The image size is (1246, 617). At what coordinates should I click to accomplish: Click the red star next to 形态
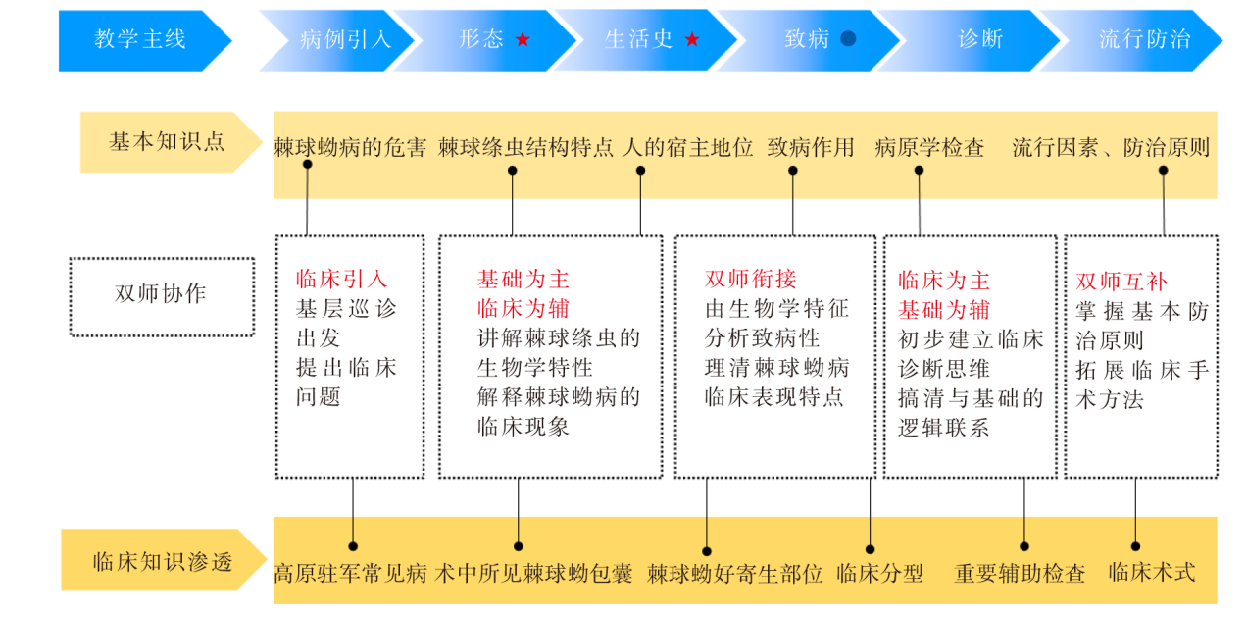tap(523, 39)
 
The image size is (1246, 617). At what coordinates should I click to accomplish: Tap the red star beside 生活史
tap(692, 39)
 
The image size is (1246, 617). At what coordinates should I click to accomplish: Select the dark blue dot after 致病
tap(848, 39)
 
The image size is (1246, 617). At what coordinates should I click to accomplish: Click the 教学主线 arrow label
tap(139, 39)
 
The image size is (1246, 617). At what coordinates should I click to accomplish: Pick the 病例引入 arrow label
tap(345, 39)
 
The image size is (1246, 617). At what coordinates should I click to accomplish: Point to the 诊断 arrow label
tap(980, 39)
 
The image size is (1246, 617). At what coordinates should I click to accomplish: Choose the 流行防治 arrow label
tap(1145, 39)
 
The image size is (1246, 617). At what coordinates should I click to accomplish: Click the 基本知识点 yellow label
tap(167, 142)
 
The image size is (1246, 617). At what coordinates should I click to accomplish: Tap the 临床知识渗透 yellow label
tap(163, 562)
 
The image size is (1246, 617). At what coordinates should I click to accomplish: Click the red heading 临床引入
tap(341, 279)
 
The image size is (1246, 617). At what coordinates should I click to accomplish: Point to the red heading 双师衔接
tap(750, 279)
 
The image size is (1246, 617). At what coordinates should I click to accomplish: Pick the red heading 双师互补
tap(1121, 282)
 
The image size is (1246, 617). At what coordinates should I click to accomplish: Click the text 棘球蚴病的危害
tap(350, 148)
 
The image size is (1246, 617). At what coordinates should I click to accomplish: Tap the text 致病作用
tap(811, 148)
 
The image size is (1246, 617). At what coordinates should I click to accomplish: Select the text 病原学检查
tap(929, 148)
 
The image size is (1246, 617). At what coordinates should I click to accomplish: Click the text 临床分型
tap(880, 574)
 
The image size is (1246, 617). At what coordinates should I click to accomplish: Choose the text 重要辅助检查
tap(1020, 574)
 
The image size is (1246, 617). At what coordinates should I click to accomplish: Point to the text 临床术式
tap(1152, 572)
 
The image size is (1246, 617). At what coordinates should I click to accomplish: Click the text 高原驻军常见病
tap(350, 574)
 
